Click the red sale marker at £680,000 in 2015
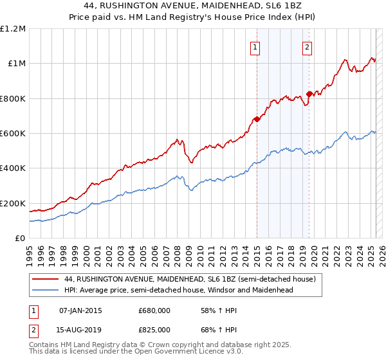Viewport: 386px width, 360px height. click(x=257, y=119)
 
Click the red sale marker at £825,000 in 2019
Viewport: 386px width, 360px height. click(x=309, y=94)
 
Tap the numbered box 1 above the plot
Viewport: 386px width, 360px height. click(x=255, y=46)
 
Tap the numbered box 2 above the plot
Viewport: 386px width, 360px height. click(x=308, y=46)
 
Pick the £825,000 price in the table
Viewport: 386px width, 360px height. click(x=154, y=329)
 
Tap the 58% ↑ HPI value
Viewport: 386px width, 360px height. click(x=216, y=311)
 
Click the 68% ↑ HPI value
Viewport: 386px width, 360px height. click(x=216, y=329)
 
